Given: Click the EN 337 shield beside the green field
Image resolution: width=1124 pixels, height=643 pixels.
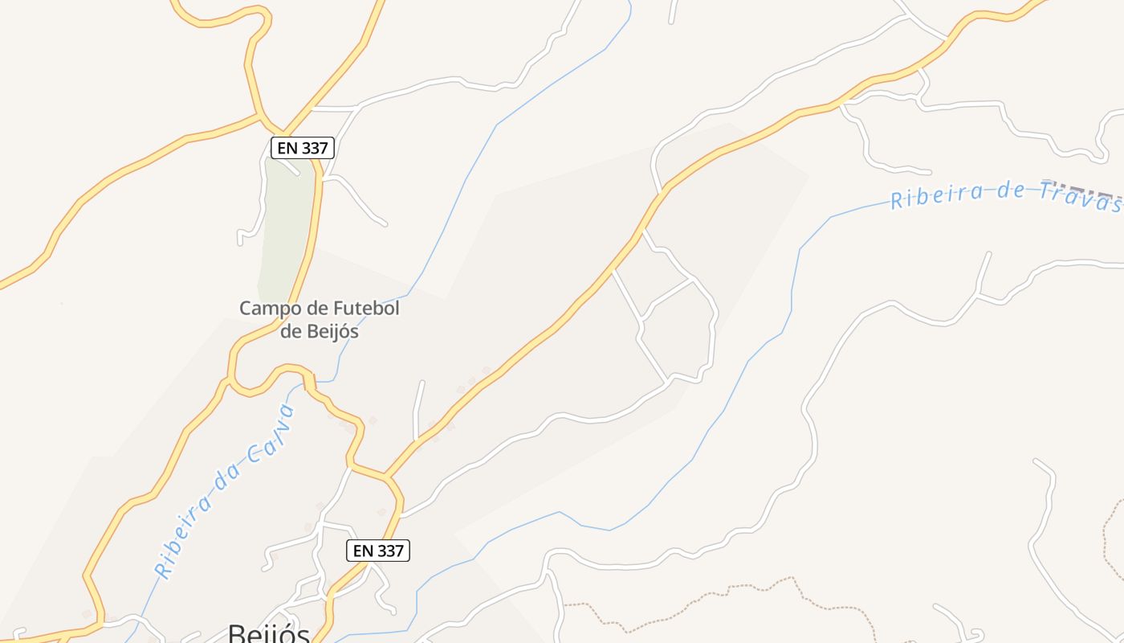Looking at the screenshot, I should (302, 148).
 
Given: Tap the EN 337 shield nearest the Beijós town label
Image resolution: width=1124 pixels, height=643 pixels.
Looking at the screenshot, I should (379, 551).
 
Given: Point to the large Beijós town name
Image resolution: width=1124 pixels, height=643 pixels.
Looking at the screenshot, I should (269, 633).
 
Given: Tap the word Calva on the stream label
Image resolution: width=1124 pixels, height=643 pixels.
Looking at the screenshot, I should (272, 433).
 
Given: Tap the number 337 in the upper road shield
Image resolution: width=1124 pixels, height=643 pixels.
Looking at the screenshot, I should (314, 148).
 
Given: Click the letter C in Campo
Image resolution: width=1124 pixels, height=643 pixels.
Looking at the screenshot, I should (246, 309).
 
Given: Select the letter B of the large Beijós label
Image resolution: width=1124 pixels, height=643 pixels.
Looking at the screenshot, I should (237, 633).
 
